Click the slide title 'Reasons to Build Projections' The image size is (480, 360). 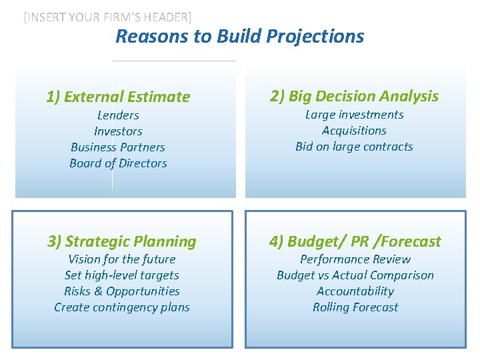pos(239,36)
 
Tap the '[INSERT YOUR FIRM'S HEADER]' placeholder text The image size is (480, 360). pos(107,18)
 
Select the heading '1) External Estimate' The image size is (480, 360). pos(118,97)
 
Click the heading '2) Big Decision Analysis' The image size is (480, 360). pos(354,96)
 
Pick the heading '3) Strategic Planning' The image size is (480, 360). pos(121,241)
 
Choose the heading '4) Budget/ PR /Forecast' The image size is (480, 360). pos(355,241)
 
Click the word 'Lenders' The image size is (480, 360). pos(118,115)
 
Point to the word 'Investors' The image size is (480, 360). pos(118,131)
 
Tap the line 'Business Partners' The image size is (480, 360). pos(118,147)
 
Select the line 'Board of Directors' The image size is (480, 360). pos(118,163)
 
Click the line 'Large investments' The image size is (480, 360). pos(354,115)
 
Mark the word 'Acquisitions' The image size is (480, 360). pos(354,131)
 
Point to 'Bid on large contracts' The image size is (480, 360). pos(354,147)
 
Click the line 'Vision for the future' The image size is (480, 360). pos(122,259)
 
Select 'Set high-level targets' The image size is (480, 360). pos(122,275)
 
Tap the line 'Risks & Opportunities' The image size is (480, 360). pos(122,291)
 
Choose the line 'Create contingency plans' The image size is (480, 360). pos(122,307)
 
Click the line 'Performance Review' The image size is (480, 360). pos(355,259)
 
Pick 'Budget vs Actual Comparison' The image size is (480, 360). pos(355,275)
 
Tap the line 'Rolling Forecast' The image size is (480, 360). pos(355,307)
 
